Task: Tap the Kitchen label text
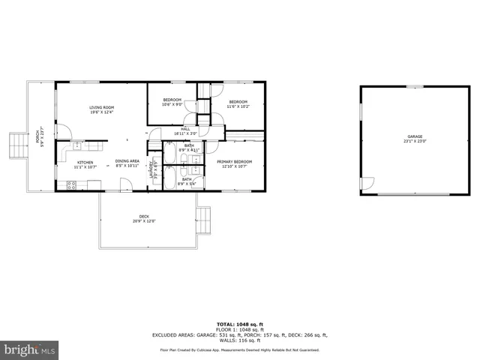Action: pyautogui.click(x=84, y=164)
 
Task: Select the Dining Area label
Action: pyautogui.click(x=127, y=163)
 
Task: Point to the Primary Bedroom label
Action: pyautogui.click(x=234, y=163)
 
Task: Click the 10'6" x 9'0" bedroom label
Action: pyautogui.click(x=172, y=102)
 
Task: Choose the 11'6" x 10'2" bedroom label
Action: pyautogui.click(x=238, y=103)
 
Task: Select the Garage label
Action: pyautogui.click(x=415, y=139)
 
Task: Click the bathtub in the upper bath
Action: pyautogui.click(x=169, y=152)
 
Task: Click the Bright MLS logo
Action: pyautogui.click(x=30, y=349)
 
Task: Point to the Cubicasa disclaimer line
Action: pyautogui.click(x=239, y=349)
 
